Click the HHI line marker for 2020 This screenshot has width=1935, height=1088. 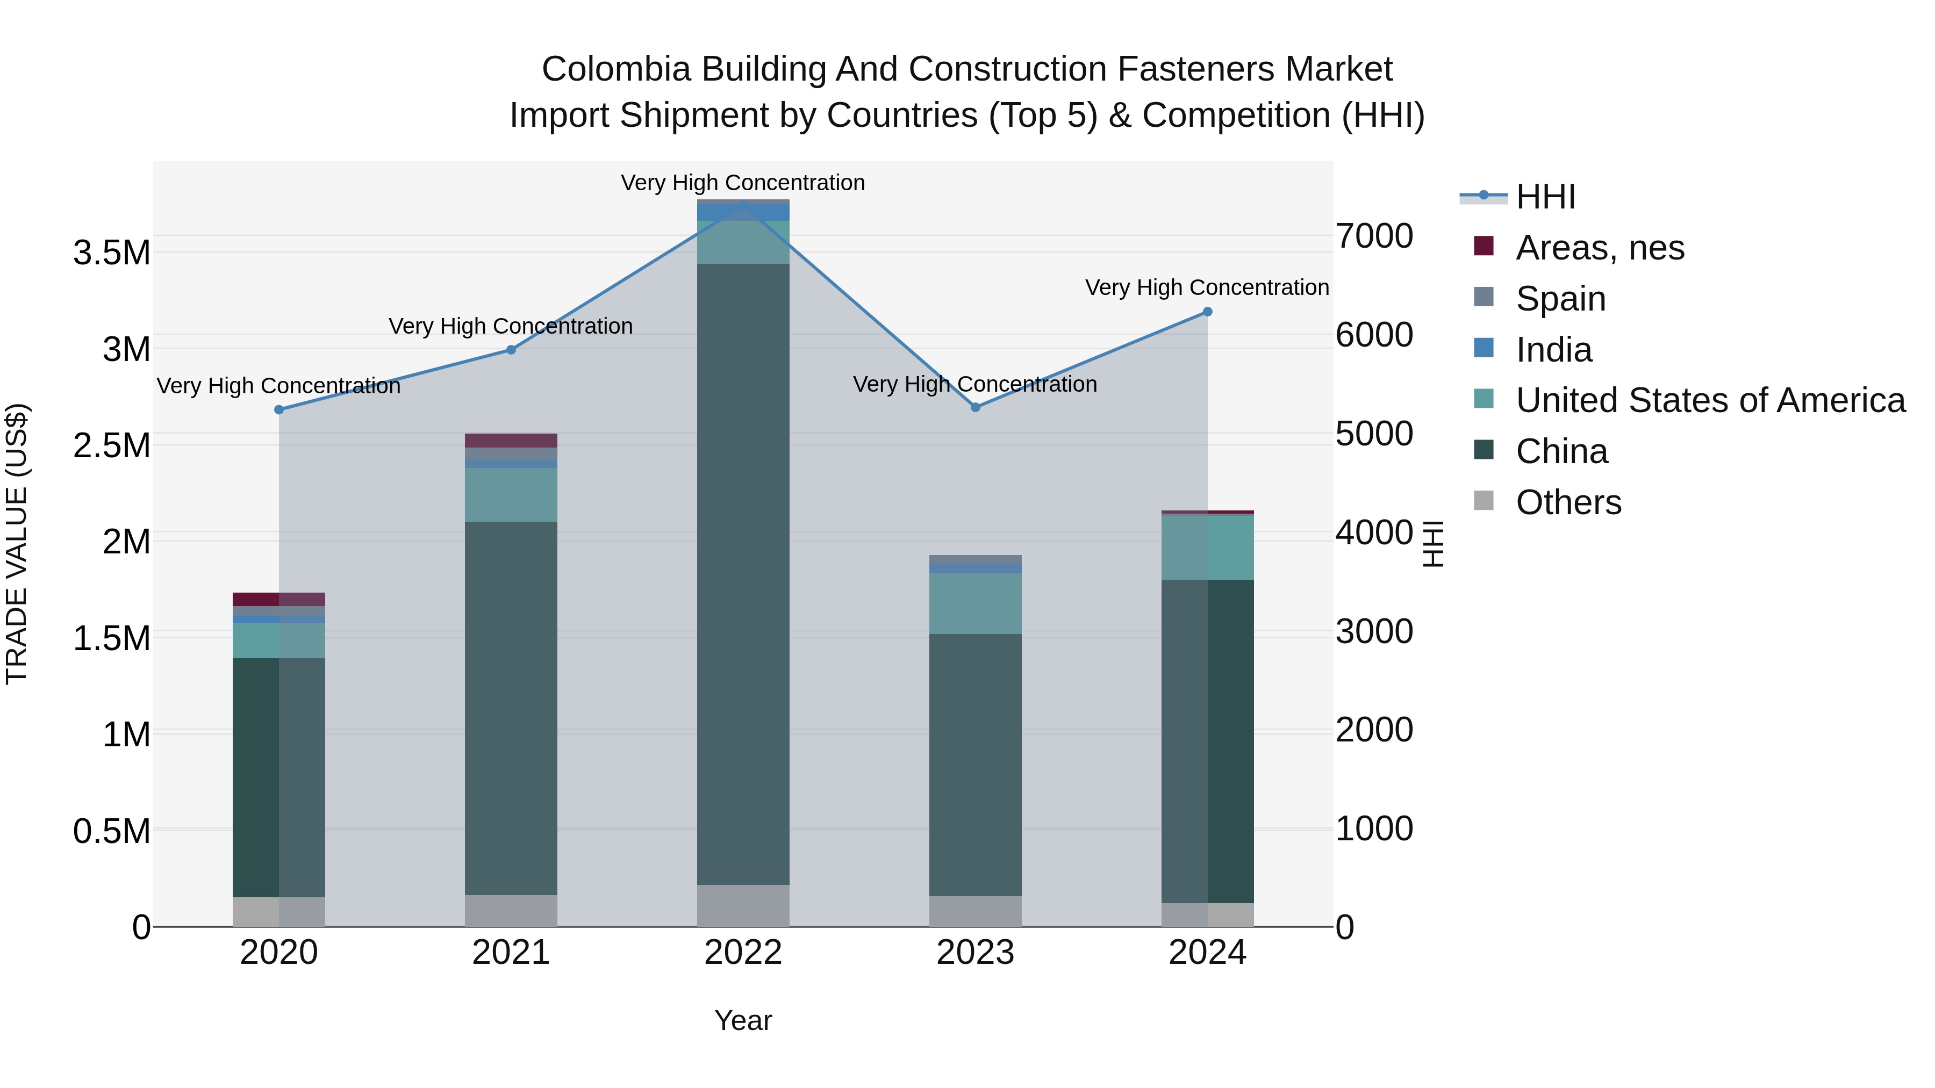(x=278, y=410)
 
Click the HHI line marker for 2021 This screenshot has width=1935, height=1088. (x=511, y=350)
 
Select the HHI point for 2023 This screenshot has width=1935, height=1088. (x=975, y=408)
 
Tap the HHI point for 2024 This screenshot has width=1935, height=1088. (x=1207, y=312)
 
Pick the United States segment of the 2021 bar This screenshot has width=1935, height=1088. (x=511, y=495)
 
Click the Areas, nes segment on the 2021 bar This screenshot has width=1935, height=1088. (x=511, y=441)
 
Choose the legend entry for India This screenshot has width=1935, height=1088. (x=1553, y=350)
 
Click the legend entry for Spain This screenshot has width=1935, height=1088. (x=1560, y=299)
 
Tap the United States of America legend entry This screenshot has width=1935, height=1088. (x=1710, y=400)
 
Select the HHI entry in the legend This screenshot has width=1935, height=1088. (x=1545, y=197)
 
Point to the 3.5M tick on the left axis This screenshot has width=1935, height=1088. (x=111, y=253)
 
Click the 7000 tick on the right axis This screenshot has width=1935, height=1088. (x=1374, y=236)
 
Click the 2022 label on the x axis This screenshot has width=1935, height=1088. (x=743, y=953)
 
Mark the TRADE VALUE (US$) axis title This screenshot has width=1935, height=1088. (x=17, y=544)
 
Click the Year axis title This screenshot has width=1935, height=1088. (x=743, y=1020)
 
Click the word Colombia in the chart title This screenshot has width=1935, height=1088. (x=616, y=69)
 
